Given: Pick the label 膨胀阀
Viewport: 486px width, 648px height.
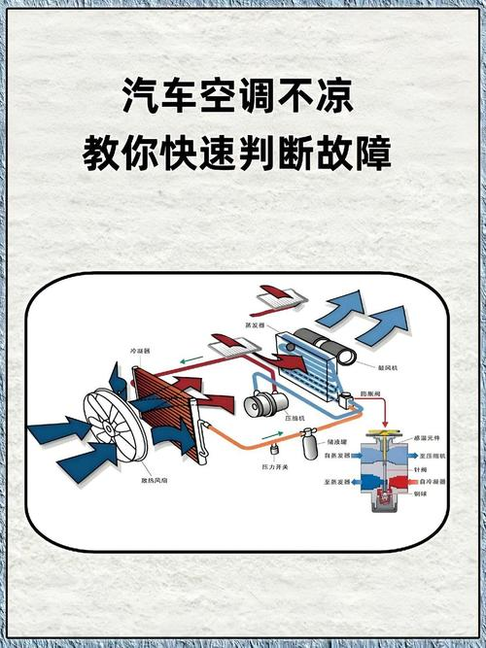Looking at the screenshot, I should click(x=369, y=393).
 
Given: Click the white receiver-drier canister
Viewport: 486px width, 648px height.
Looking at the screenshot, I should click(x=310, y=444).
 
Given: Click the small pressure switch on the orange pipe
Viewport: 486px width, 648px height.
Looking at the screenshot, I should click(x=274, y=449).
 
